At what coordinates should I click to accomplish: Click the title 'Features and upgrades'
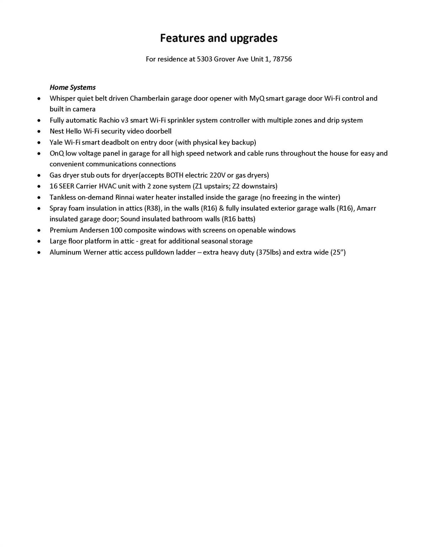218,38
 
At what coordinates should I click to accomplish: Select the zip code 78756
282,59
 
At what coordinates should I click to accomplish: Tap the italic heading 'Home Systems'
73,87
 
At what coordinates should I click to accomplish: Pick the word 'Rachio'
109,120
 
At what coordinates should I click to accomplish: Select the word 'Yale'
56,142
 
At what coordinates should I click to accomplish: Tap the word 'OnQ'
56,153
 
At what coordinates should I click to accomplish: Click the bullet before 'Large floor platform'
39,242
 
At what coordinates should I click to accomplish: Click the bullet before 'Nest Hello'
39,132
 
